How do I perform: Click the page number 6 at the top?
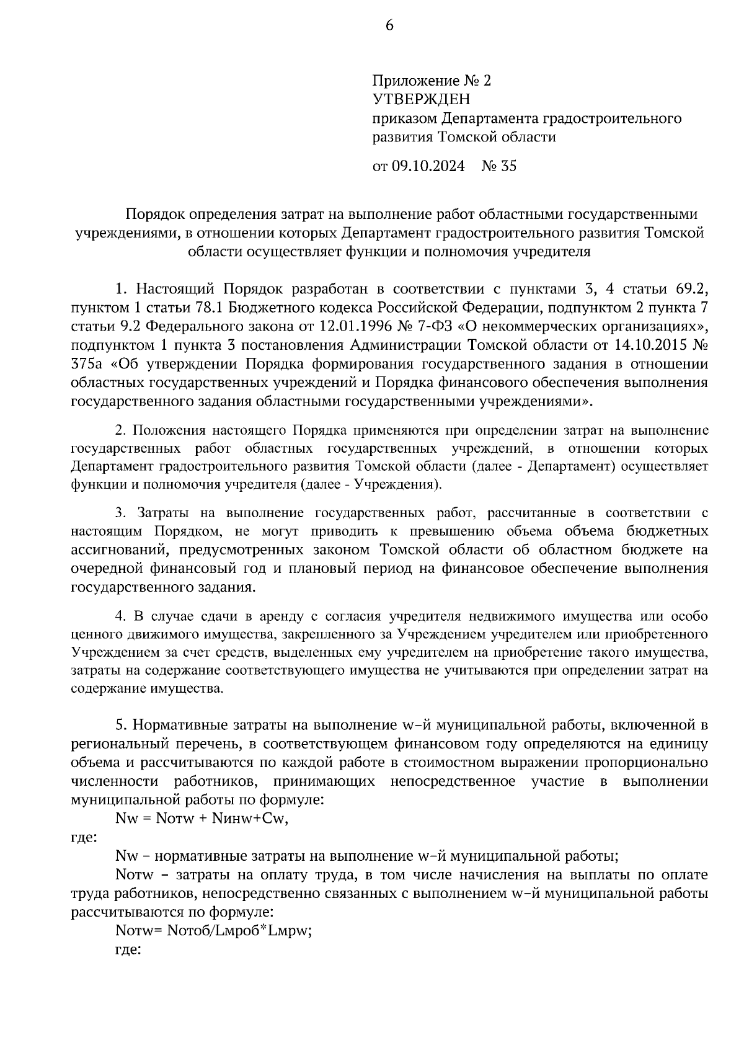[x=389, y=25]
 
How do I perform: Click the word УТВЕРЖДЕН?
[x=421, y=99]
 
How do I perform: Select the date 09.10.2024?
[x=428, y=166]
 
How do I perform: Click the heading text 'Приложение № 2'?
[x=431, y=81]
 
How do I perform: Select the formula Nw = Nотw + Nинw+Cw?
[x=202, y=818]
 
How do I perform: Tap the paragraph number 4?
[x=121, y=616]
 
